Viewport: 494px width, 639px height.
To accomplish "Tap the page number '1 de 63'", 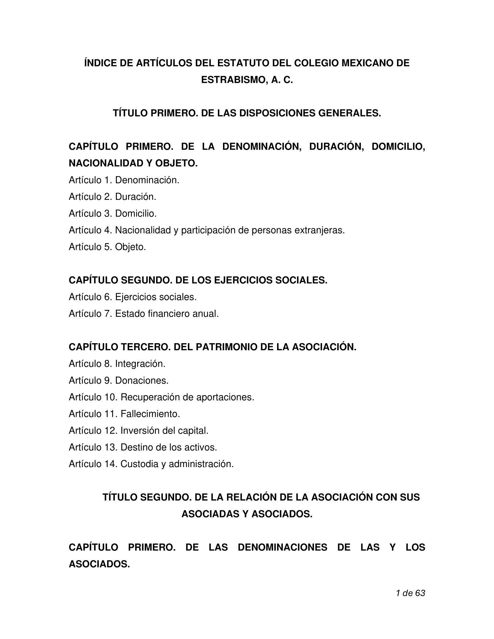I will tap(410, 593).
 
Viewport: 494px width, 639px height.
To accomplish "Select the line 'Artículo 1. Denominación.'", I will tap(124, 180).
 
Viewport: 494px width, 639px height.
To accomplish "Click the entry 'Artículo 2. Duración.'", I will tap(113, 197).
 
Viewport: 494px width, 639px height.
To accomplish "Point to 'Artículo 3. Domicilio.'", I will tap(113, 213).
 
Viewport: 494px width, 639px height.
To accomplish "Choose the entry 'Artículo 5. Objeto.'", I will tap(107, 247).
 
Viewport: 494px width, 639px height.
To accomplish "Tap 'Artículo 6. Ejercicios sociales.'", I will tap(133, 297).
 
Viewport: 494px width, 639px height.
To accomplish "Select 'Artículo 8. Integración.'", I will tap(117, 364).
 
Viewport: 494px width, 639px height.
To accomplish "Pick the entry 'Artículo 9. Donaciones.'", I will tap(119, 381).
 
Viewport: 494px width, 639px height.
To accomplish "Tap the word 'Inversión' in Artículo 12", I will tap(140, 431).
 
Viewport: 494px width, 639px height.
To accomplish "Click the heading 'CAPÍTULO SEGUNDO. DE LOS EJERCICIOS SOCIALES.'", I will tap(198, 280).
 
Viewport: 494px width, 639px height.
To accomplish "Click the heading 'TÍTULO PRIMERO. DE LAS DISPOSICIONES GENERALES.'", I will tap(247, 113).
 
